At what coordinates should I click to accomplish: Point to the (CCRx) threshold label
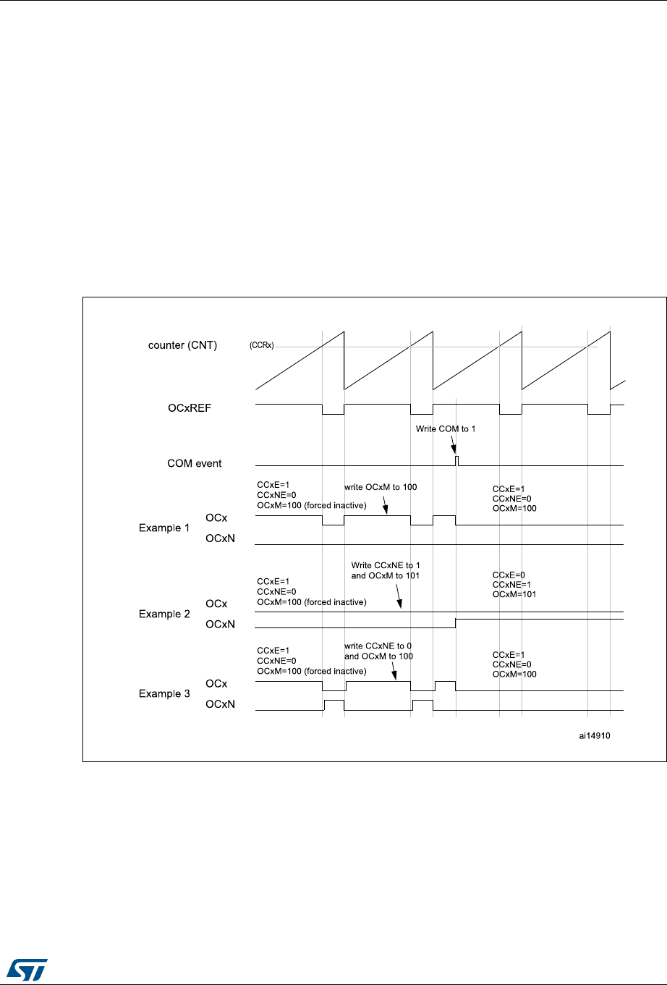click(x=262, y=346)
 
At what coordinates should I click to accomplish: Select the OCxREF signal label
click(x=190, y=408)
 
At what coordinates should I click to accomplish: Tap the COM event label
click(x=194, y=463)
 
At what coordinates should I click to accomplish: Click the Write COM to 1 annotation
click(x=446, y=429)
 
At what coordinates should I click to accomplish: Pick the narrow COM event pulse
click(x=456, y=460)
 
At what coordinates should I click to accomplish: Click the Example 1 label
click(x=163, y=528)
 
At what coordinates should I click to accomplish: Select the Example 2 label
click(x=163, y=614)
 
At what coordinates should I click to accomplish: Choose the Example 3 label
click(x=163, y=693)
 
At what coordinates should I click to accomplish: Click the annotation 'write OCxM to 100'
click(x=381, y=487)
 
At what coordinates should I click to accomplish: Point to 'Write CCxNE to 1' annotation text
click(x=386, y=565)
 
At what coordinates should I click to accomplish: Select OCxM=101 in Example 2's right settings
click(x=514, y=594)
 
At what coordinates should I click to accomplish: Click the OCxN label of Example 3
click(x=220, y=703)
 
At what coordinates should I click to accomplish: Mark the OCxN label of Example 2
click(x=220, y=624)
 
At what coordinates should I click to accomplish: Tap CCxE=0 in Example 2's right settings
click(x=509, y=575)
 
